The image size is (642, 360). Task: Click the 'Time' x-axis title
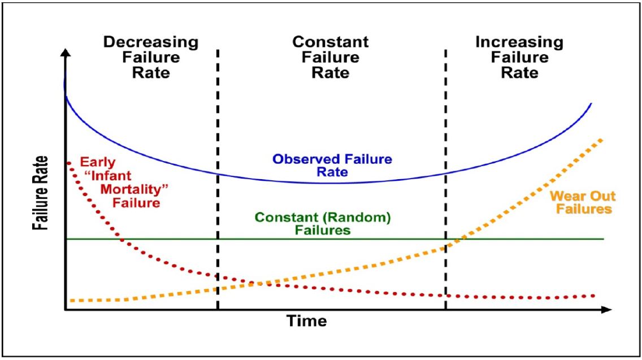pyautogui.click(x=306, y=321)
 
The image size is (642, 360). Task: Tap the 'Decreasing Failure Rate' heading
pyautogui.click(x=151, y=57)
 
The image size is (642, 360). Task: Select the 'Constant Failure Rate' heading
pyautogui.click(x=330, y=57)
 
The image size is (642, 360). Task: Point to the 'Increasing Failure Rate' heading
pyautogui.click(x=519, y=57)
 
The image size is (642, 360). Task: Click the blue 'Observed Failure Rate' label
pyautogui.click(x=332, y=166)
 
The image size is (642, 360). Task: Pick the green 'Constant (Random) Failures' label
pyautogui.click(x=323, y=223)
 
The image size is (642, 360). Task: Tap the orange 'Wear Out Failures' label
pyautogui.click(x=583, y=202)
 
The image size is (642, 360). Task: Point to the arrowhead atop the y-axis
pyautogui.click(x=66, y=54)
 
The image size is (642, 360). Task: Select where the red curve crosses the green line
pyautogui.click(x=120, y=239)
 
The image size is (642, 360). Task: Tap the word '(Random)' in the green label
pyautogui.click(x=362, y=216)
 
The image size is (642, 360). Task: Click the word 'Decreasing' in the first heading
pyautogui.click(x=151, y=42)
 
